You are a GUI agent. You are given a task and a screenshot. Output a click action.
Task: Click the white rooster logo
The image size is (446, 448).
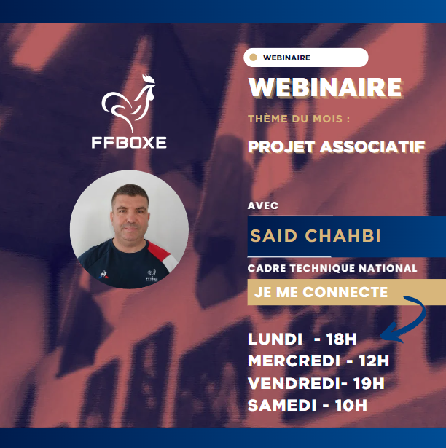[129, 103]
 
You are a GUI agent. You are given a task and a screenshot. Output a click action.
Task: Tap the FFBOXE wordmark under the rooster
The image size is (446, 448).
[129, 143]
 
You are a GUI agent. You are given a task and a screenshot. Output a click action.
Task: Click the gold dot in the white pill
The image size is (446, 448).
[253, 58]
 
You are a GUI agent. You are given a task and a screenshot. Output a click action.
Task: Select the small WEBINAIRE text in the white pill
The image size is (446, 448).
[286, 58]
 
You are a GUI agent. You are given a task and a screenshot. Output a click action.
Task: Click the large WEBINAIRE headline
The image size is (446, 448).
[325, 87]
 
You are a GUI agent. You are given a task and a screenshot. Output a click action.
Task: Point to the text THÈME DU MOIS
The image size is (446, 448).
[299, 119]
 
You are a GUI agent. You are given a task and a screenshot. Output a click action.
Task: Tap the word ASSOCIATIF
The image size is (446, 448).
[372, 146]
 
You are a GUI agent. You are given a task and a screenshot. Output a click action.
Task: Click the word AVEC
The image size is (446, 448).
[263, 205]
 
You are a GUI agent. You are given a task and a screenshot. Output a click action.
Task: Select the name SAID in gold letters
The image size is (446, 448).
[274, 236]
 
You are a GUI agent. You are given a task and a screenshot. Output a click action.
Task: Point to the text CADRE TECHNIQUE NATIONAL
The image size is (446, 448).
[332, 268]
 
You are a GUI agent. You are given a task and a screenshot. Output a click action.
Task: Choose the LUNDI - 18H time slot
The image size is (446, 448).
[302, 339]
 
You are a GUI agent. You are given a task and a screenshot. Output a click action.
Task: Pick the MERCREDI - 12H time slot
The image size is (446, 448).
[318, 361]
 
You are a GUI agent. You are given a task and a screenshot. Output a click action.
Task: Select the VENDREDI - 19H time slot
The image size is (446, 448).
[316, 383]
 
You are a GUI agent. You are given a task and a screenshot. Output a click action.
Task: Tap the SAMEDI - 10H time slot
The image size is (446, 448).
[308, 405]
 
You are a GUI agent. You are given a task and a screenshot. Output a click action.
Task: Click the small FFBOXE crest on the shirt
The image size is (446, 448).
[152, 275]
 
